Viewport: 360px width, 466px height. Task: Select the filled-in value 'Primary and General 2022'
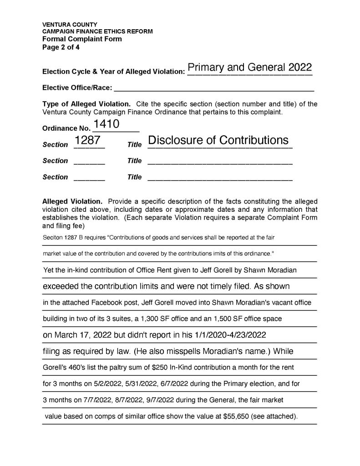(x=249, y=67)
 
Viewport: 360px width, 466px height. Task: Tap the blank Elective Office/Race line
(x=214, y=87)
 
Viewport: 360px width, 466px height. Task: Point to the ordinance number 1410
(x=106, y=123)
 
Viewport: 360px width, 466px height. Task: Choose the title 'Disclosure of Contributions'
(x=218, y=140)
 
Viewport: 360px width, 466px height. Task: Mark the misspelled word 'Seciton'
(x=53, y=237)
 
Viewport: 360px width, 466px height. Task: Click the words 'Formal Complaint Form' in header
(x=82, y=39)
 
